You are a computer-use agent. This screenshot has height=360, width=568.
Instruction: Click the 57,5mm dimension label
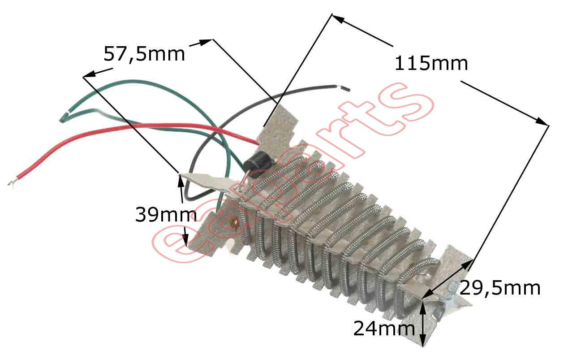(x=144, y=54)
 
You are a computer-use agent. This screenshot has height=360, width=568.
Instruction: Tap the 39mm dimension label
(x=166, y=215)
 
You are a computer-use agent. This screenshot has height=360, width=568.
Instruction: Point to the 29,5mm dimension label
(x=500, y=288)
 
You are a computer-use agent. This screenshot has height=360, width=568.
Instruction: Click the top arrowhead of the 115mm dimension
(x=338, y=19)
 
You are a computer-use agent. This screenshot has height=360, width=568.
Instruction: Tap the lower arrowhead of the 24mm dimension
(x=422, y=339)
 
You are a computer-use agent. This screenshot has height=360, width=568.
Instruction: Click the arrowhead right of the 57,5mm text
(x=206, y=42)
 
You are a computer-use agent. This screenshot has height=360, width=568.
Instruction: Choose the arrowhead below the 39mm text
(x=185, y=240)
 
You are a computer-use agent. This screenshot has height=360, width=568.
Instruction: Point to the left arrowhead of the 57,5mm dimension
(x=89, y=74)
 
